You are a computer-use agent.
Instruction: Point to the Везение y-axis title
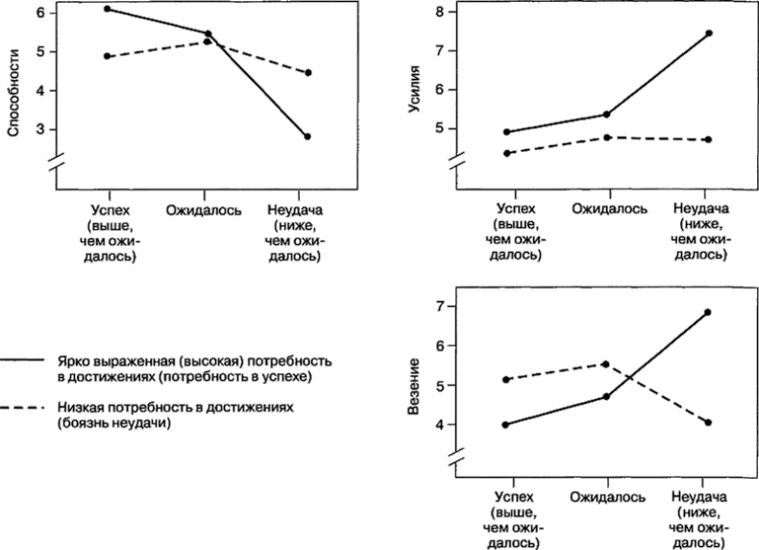coord(415,387)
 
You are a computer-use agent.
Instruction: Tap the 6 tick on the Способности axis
coord(40,12)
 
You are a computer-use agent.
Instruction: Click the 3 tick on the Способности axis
coord(40,129)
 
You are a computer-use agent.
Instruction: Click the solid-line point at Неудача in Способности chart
coord(307,137)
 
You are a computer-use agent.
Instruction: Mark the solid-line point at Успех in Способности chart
coord(107,9)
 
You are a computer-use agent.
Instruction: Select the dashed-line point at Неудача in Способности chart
coord(307,73)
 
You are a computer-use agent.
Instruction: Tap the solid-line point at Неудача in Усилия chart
coord(708,34)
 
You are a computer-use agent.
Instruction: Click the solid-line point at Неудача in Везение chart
coord(708,312)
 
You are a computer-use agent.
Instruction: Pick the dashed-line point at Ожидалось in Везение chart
coord(606,364)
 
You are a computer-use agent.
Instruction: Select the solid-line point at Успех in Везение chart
coord(506,424)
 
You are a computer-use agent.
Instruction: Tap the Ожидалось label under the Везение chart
coord(606,497)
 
